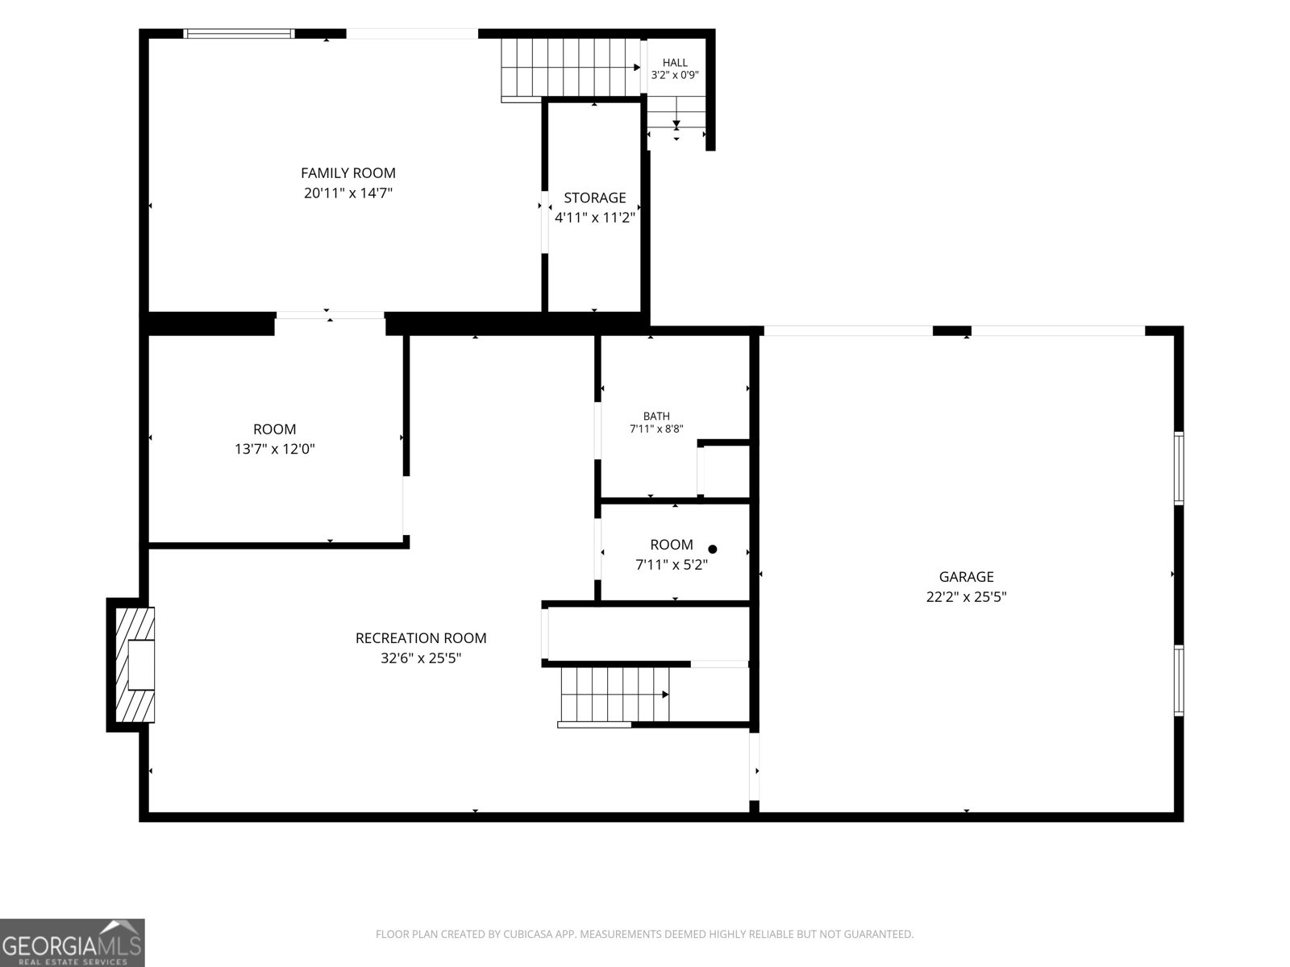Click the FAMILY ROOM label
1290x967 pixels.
[348, 173]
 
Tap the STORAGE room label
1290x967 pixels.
[595, 198]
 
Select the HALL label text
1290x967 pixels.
[675, 62]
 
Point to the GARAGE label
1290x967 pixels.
[966, 576]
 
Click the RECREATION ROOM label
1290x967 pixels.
[421, 638]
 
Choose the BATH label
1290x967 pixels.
[656, 417]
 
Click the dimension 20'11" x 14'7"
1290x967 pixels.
[348, 193]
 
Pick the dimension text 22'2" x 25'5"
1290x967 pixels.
[966, 597]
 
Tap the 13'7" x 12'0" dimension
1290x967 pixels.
[274, 449]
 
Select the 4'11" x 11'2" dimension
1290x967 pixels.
[595, 218]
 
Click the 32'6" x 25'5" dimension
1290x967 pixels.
[421, 658]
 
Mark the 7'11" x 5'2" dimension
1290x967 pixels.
[671, 565]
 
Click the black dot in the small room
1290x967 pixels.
[713, 550]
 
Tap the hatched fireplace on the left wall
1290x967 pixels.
[135, 665]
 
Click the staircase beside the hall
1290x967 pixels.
[571, 68]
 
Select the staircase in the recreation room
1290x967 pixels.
[614, 695]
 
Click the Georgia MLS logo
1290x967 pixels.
[73, 942]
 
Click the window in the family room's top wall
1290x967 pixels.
[239, 34]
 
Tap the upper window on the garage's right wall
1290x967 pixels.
[1179, 468]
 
